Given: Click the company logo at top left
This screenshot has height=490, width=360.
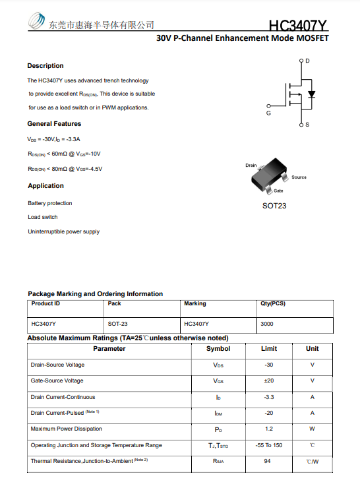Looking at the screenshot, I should click(x=37, y=23).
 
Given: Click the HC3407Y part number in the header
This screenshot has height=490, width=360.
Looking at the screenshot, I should click(x=298, y=26).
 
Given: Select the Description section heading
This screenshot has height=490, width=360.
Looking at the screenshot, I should click(x=45, y=66).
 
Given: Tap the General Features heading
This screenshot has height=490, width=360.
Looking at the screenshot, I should click(x=54, y=124).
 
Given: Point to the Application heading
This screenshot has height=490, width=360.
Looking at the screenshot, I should click(x=45, y=186).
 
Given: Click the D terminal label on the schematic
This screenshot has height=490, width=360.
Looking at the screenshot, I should click(x=307, y=61).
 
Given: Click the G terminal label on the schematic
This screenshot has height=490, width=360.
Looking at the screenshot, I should click(x=268, y=113).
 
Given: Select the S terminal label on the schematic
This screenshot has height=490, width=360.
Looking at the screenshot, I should click(x=307, y=125).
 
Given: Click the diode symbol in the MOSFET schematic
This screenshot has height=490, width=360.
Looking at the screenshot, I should click(x=312, y=94).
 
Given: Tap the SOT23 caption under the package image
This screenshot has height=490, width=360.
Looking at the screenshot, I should click(x=274, y=206).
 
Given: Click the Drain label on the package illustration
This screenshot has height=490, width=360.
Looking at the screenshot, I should click(x=251, y=165).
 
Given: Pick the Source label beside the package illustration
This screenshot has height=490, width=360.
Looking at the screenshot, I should click(x=299, y=177).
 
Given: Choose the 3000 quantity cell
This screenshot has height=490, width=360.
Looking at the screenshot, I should click(x=267, y=324).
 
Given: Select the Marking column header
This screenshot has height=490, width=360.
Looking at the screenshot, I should click(x=195, y=303).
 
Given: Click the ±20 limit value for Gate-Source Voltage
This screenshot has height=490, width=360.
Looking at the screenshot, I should click(x=269, y=381).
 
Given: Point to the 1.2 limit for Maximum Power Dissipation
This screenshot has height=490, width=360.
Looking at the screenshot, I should click(x=269, y=429).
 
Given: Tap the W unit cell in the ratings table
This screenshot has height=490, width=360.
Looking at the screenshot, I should click(x=312, y=429).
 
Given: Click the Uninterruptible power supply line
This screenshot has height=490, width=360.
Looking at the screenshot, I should click(x=63, y=231).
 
